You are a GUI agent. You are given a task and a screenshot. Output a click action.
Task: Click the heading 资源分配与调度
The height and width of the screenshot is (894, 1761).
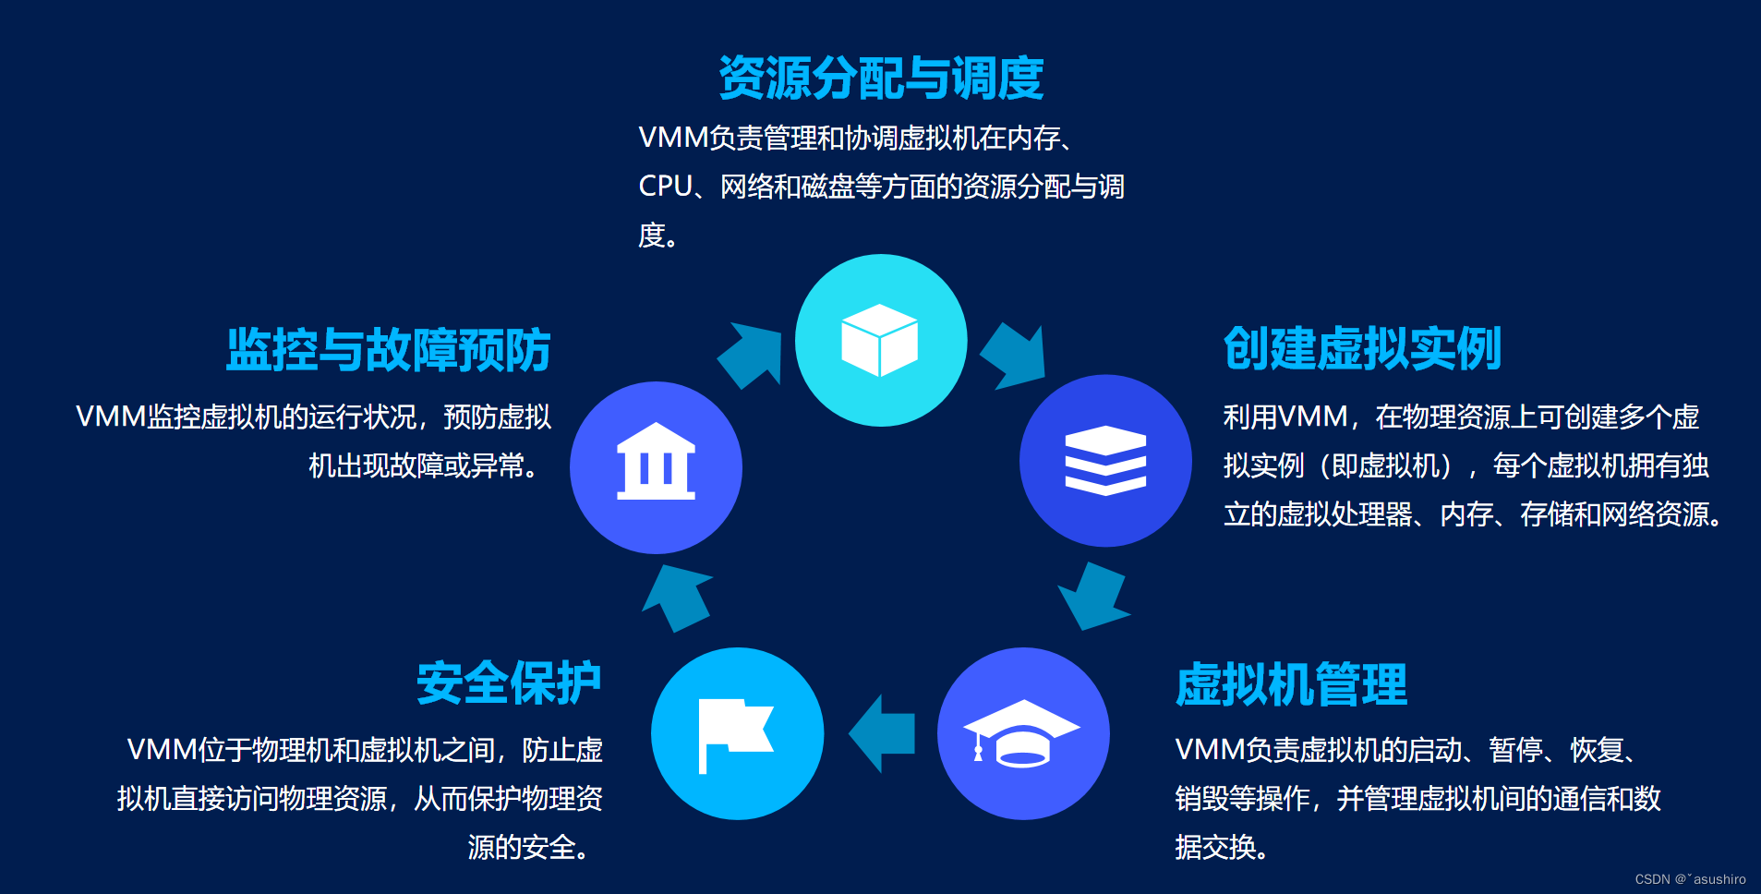(x=881, y=78)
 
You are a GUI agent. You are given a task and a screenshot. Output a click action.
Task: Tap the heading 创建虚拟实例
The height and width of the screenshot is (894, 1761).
(x=1362, y=349)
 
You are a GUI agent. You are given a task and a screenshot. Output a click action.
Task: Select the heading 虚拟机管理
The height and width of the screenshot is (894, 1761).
(x=1291, y=684)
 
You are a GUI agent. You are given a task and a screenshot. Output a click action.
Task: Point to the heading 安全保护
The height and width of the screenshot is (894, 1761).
(x=509, y=683)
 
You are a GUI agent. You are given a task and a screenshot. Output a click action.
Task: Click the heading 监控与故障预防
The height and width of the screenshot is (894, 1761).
(x=389, y=350)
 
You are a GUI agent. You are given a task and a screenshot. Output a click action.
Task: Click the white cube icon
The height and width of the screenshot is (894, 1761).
(x=880, y=340)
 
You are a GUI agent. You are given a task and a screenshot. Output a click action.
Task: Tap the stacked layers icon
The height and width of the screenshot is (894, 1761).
(x=1105, y=460)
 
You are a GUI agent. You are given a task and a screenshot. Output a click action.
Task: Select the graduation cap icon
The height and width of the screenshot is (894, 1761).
(x=1021, y=733)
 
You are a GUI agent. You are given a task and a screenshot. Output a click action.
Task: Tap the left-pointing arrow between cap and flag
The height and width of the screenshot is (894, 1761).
(x=882, y=733)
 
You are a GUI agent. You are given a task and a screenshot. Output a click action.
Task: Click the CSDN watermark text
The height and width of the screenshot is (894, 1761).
(x=1690, y=879)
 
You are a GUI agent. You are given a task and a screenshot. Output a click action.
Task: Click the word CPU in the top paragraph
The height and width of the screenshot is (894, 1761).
(x=665, y=187)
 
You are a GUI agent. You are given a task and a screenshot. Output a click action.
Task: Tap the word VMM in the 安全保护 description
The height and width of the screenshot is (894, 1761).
(x=162, y=750)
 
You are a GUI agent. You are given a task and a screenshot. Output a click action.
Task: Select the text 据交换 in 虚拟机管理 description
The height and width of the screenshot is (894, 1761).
(x=1215, y=847)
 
